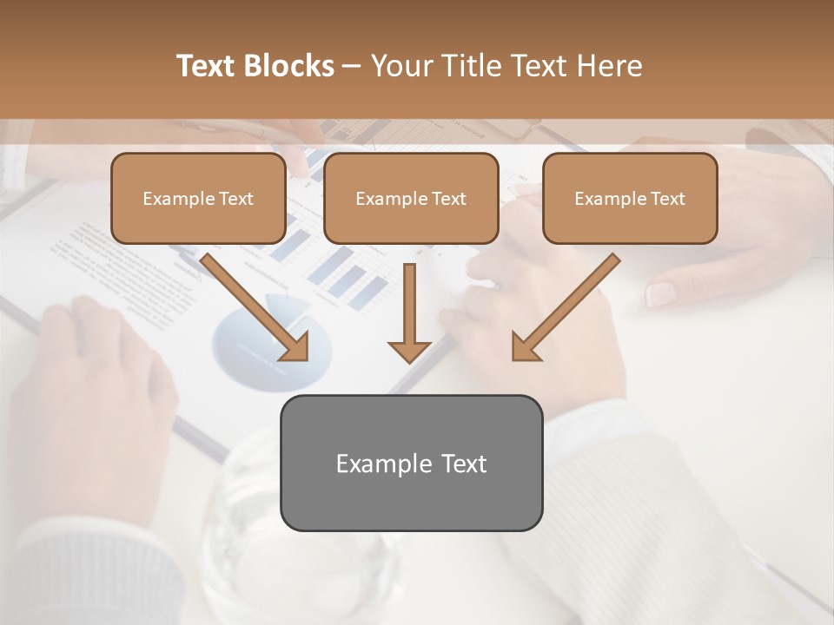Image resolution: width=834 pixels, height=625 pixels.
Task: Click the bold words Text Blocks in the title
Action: pos(255,66)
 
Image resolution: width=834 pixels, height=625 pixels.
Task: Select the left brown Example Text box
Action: pos(198,199)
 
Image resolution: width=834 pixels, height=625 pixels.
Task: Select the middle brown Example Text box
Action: pos(411,199)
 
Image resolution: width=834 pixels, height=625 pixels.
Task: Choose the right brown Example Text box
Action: pos(630,199)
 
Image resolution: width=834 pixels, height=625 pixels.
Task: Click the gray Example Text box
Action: pos(411,463)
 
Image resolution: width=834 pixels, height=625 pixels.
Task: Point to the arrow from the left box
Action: pos(252,305)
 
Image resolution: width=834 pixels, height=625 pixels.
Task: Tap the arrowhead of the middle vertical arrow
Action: pos(409,351)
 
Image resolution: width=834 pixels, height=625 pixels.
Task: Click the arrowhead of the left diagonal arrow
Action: pos(295,347)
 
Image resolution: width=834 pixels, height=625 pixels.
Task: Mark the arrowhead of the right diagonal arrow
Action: pos(525,347)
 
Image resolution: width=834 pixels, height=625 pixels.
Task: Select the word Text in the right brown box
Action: pos(667,199)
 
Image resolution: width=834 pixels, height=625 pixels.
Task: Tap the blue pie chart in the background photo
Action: pos(261,343)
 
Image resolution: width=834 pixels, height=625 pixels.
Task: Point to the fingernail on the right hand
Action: pos(662,294)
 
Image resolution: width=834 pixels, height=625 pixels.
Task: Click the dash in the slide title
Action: pos(352,66)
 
